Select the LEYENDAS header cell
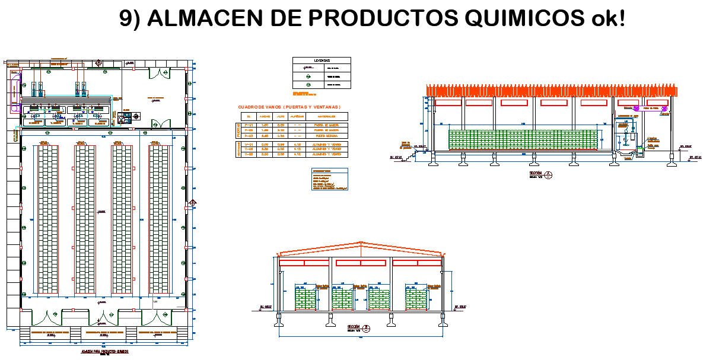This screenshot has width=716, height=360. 322,60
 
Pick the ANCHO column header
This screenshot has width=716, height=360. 265,116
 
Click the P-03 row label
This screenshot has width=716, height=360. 249,136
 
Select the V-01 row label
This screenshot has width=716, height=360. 249,144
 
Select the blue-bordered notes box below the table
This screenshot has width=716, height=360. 330,179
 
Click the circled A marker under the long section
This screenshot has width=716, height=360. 549,174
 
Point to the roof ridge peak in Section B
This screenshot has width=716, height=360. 359,243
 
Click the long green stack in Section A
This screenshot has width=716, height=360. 522,140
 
